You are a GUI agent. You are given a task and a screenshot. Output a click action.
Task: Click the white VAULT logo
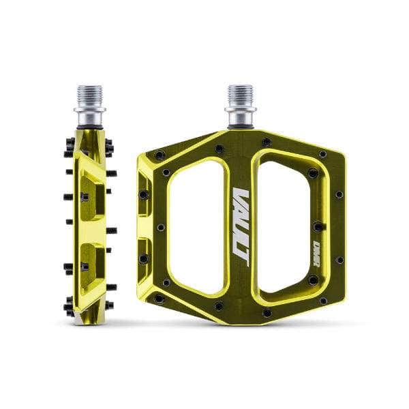(x=240, y=222)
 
